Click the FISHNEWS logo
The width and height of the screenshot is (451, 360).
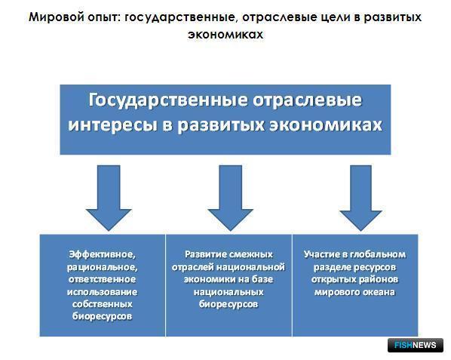point(415,345)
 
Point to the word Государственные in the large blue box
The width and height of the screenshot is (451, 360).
point(167,100)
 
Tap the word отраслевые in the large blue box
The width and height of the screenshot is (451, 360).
point(307,100)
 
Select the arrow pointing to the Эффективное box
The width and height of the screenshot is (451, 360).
point(109,198)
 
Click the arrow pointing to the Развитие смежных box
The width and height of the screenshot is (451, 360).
point(230,198)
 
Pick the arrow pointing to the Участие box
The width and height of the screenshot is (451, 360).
point(360,198)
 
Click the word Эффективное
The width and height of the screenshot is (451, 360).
point(102,254)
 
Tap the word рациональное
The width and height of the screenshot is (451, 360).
point(102,268)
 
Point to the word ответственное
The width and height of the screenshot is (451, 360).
point(102,279)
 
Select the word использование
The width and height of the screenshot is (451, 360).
point(102,292)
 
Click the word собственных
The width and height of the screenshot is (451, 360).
point(102,304)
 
